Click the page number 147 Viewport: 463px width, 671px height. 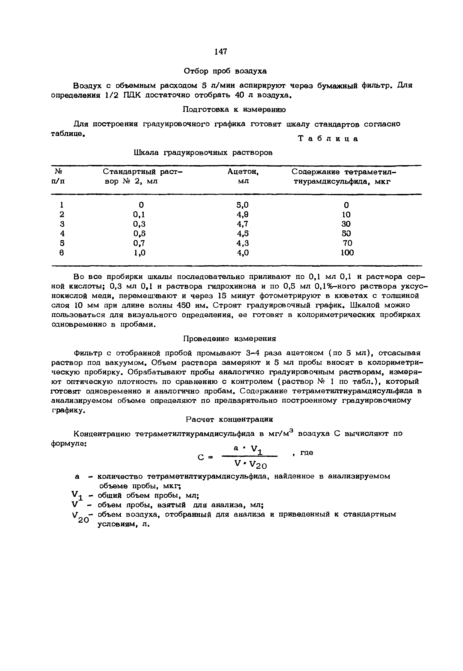pos(221,52)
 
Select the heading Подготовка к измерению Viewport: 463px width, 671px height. pos(234,110)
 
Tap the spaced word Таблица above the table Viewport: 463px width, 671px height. pos(328,139)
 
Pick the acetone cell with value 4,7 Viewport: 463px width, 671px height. pos(243,224)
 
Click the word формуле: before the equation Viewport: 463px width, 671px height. pos(69,444)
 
